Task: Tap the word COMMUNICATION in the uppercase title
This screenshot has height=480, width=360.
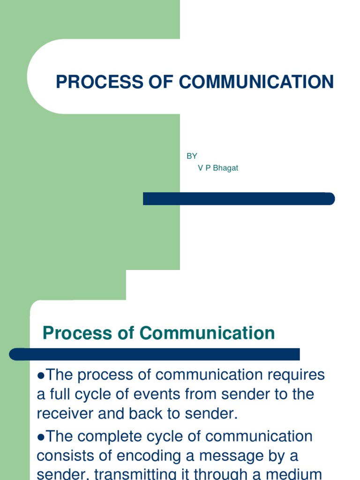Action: tap(256, 82)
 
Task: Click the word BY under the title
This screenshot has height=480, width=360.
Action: tap(192, 156)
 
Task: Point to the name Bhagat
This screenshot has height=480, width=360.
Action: tap(225, 168)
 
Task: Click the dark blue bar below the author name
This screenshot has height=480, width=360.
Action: tap(239, 199)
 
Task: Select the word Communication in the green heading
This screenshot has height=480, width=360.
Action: tap(207, 333)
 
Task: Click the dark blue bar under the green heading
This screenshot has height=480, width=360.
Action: tap(155, 354)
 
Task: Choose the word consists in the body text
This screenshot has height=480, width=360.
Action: tap(63, 456)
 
